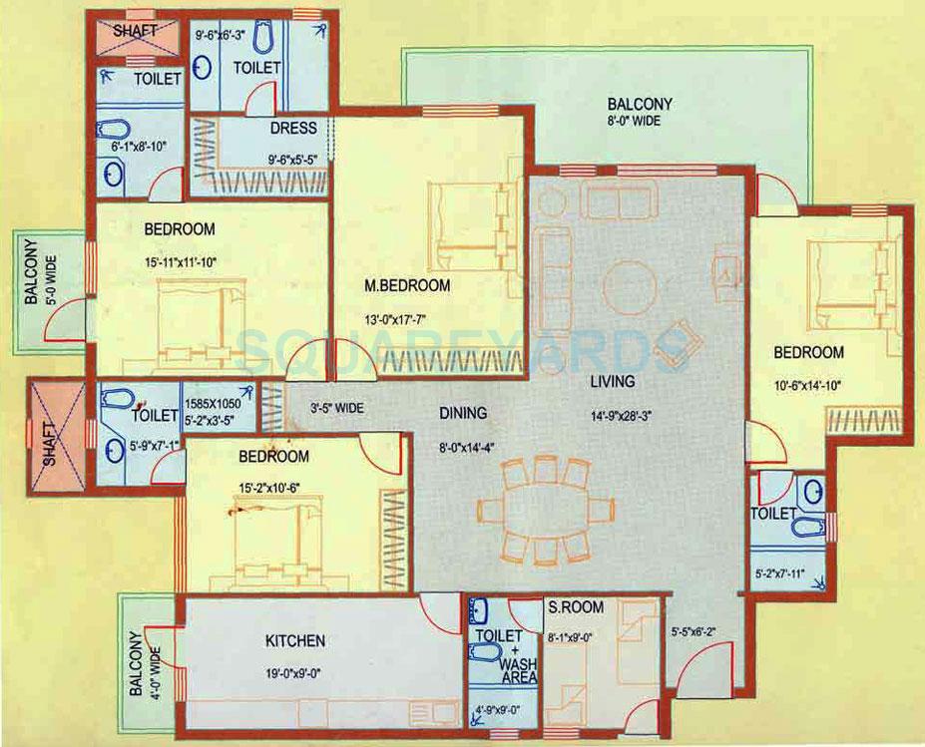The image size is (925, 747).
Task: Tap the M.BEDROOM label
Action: tap(407, 286)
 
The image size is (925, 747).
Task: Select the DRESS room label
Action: tap(292, 128)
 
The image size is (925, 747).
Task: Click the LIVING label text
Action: tap(612, 381)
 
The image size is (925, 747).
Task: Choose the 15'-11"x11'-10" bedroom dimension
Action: tap(180, 262)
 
